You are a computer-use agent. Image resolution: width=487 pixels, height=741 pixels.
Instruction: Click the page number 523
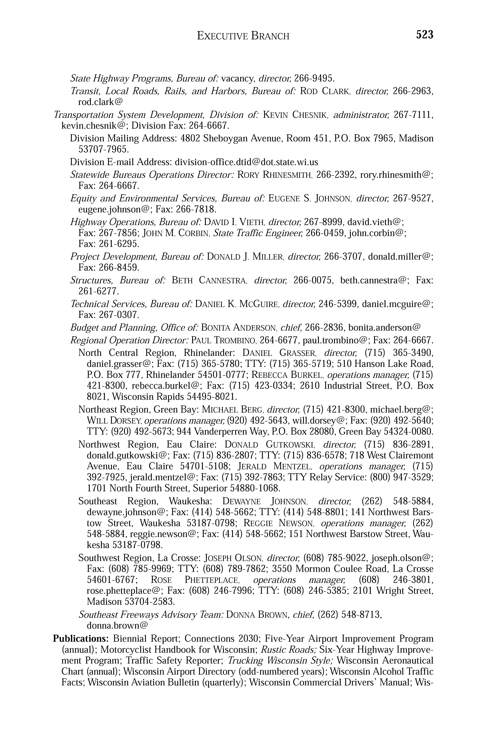coord(425,35)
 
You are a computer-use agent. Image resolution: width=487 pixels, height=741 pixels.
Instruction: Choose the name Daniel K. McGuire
coord(236,304)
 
